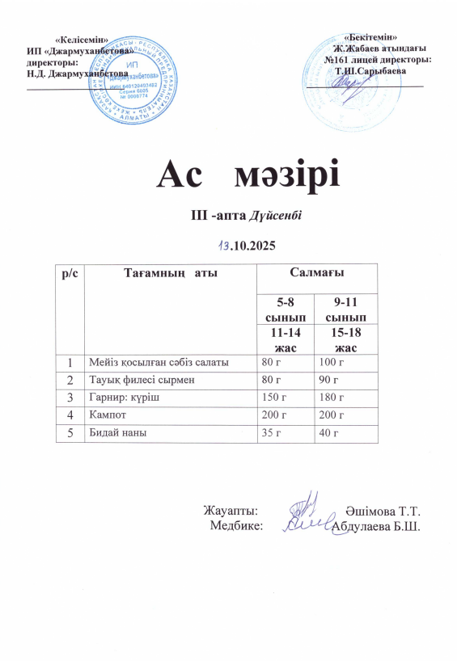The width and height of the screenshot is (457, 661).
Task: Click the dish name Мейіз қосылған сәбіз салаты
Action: click(x=159, y=361)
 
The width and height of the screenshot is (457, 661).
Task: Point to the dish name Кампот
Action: click(x=111, y=415)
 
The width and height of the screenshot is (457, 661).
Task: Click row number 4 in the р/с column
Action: click(x=70, y=415)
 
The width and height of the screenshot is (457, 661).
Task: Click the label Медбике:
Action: click(x=236, y=525)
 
